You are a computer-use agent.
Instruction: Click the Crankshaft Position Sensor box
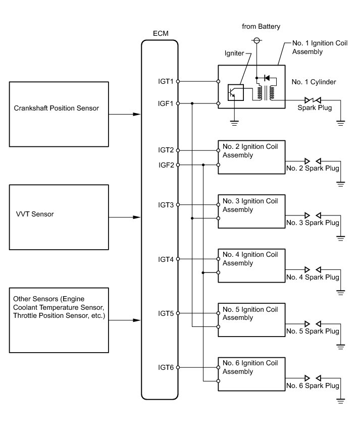click(59, 115)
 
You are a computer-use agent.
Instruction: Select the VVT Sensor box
click(59, 217)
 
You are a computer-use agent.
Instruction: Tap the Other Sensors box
click(59, 320)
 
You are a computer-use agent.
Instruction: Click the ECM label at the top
click(160, 34)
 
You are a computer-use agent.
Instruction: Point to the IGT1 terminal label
click(166, 81)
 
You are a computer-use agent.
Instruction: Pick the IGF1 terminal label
click(166, 104)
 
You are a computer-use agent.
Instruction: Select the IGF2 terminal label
click(166, 165)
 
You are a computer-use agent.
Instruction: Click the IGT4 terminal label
click(166, 259)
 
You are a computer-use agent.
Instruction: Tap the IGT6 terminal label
click(166, 367)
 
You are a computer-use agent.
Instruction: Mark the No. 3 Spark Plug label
click(313, 222)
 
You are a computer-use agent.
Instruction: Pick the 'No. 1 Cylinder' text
click(314, 82)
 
